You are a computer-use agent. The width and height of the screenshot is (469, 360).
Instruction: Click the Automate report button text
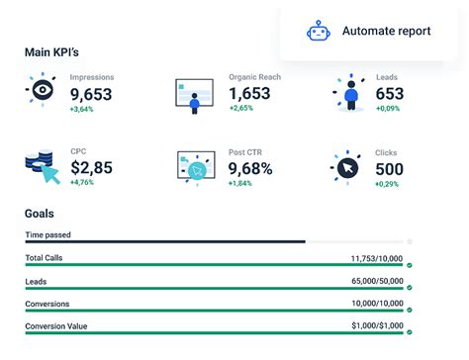(386, 32)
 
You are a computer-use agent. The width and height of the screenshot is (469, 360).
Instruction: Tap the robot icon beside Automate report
(318, 32)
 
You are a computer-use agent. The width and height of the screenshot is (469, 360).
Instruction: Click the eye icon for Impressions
(42, 90)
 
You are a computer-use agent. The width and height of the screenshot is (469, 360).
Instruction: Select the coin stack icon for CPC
(43, 166)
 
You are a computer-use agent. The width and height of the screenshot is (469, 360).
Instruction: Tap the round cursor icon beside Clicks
(347, 169)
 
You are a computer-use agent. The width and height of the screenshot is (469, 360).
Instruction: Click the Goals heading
(40, 213)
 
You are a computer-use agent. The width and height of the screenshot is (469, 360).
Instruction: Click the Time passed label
(47, 234)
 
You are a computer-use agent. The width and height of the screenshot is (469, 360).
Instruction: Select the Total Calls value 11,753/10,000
(377, 258)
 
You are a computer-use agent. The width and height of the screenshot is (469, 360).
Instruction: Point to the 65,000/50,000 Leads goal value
(377, 281)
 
